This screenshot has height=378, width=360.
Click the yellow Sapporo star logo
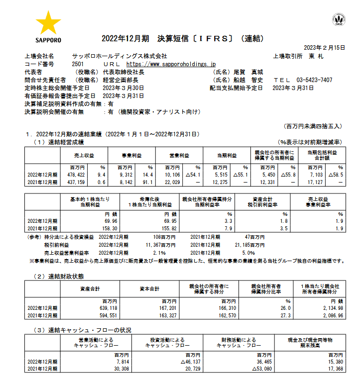click(48, 23)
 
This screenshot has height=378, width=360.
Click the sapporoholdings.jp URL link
click(171, 64)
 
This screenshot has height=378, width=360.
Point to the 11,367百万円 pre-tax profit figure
click(164, 245)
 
